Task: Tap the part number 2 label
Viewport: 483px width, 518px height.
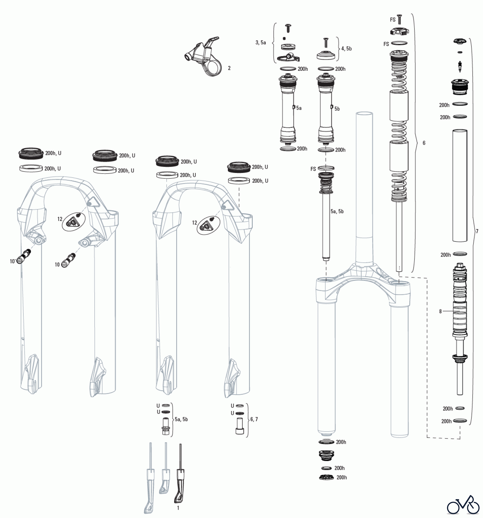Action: [x=229, y=68]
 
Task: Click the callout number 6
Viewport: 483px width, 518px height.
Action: [x=424, y=143]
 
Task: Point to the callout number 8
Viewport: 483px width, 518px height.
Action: [x=440, y=311]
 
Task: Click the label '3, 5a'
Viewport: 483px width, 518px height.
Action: [x=260, y=43]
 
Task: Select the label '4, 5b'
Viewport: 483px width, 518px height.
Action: [x=346, y=49]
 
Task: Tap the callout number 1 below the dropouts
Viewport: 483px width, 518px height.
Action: [x=178, y=508]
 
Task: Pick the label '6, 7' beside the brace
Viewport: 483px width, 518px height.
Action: [x=254, y=419]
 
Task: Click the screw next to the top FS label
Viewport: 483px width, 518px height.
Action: [x=399, y=20]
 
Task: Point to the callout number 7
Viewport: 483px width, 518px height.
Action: [x=477, y=231]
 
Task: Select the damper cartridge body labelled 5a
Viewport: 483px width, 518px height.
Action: [x=288, y=109]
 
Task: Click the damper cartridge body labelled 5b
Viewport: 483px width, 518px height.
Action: [x=326, y=109]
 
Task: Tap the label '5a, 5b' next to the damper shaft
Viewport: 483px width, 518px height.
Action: [x=337, y=212]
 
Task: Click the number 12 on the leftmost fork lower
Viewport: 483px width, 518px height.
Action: [x=60, y=219]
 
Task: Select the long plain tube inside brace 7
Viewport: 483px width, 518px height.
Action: [x=460, y=186]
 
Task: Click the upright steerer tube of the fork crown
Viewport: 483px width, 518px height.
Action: [x=364, y=187]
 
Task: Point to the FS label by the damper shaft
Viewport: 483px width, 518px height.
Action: [x=313, y=169]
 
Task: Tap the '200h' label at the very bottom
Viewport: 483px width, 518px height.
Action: [x=342, y=477]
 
